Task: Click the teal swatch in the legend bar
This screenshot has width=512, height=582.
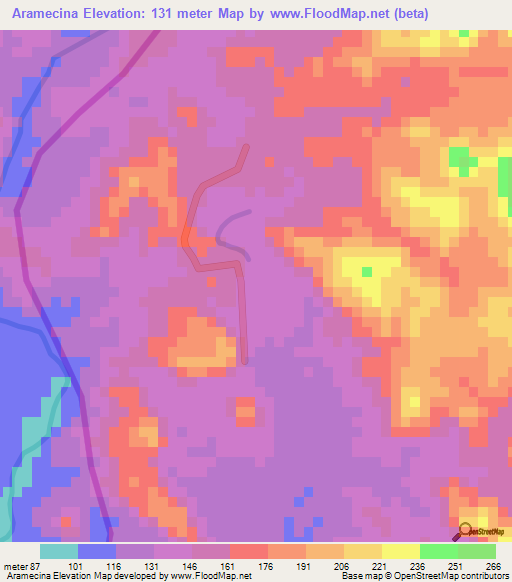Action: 59,551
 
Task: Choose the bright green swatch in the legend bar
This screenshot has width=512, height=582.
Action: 438,551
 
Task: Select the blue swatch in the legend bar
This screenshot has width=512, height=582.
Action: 97,551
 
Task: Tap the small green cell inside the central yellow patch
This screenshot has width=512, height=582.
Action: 367,271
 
